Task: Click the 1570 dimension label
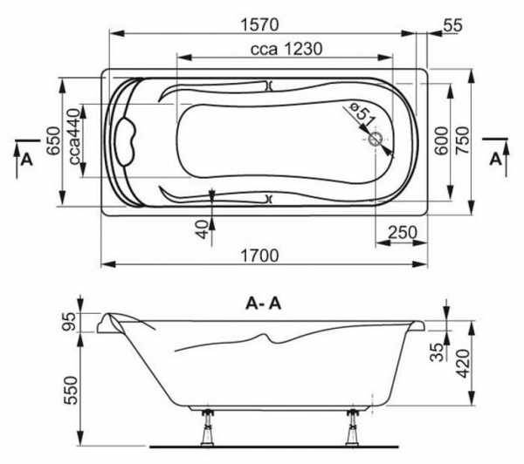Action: point(259,24)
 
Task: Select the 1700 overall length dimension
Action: point(259,256)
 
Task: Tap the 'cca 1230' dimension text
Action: point(286,49)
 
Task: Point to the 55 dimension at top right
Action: point(453,25)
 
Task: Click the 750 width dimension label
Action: point(463,140)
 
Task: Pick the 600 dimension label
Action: point(441,140)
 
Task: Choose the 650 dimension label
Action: point(53,141)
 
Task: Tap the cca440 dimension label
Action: point(75,137)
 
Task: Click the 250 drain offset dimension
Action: point(403,232)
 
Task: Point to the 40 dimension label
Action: point(203,230)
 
